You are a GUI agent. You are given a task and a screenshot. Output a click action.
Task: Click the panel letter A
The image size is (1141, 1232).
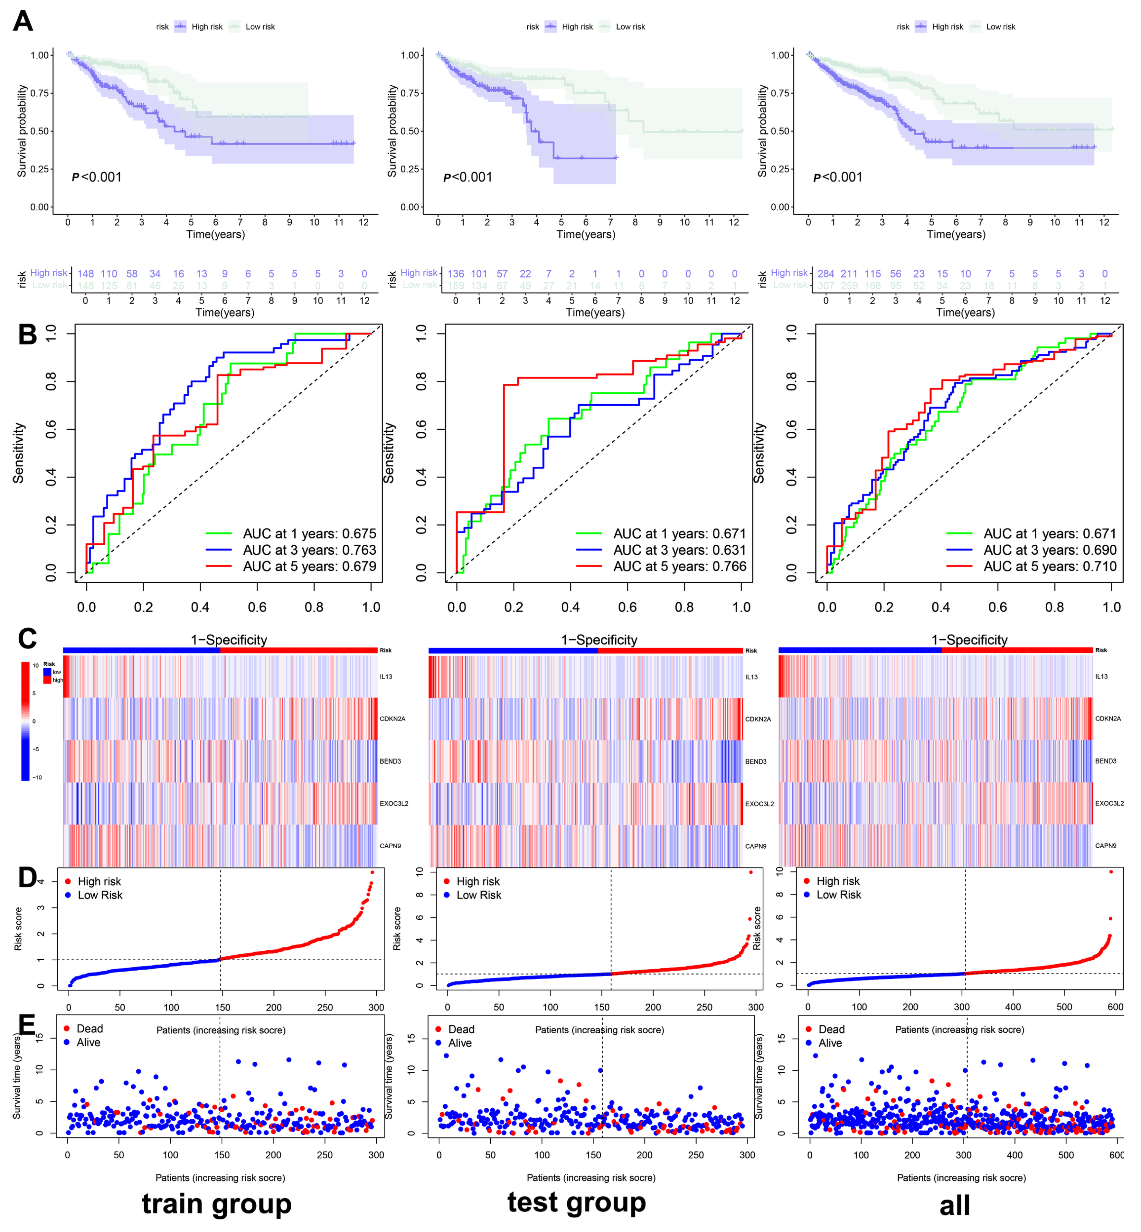click(x=23, y=21)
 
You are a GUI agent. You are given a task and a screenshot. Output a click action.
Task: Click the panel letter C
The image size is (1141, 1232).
click(x=27, y=639)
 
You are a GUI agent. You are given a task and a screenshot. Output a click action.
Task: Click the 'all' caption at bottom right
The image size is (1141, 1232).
click(x=955, y=1205)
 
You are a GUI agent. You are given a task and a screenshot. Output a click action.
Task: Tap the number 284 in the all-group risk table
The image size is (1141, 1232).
click(x=825, y=273)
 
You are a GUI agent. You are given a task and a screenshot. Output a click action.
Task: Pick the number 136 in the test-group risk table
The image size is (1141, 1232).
click(x=456, y=273)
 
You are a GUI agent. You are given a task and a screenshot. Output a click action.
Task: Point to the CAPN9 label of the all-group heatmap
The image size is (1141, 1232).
click(x=1106, y=846)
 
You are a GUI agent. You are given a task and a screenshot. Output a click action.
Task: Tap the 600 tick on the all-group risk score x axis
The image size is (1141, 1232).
click(x=1115, y=1007)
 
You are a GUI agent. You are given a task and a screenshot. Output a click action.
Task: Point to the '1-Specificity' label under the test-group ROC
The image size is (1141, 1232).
click(x=599, y=639)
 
